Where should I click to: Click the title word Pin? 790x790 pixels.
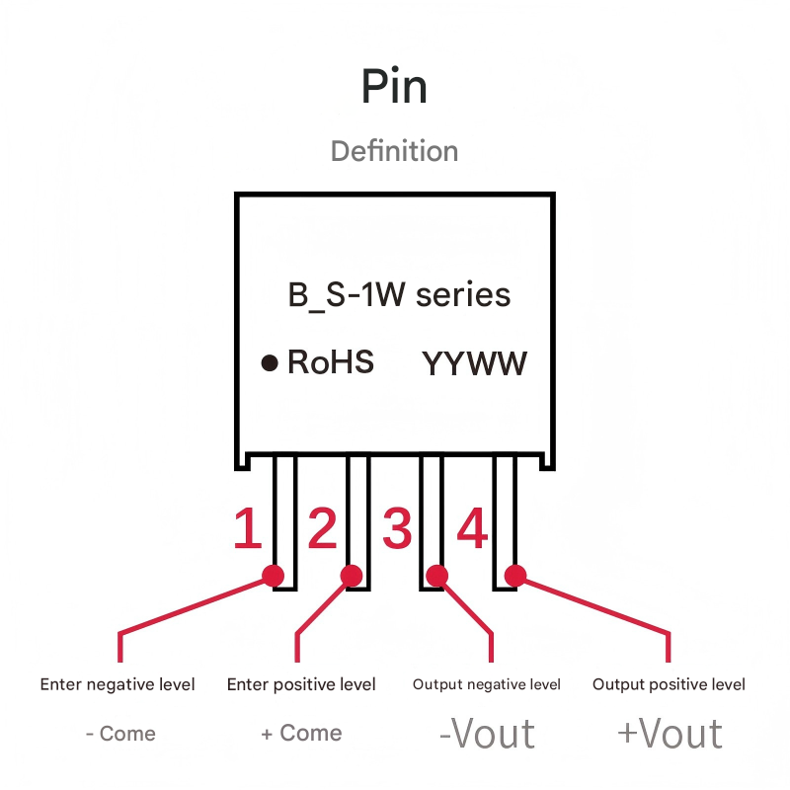pyautogui.click(x=394, y=88)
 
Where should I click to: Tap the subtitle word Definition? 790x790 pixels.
pyautogui.click(x=394, y=151)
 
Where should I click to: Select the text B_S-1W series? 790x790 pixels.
pyautogui.click(x=399, y=295)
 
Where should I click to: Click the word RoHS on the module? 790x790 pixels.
pyautogui.click(x=331, y=362)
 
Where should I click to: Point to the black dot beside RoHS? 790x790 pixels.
pyautogui.click(x=269, y=363)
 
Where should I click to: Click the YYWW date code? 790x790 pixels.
pyautogui.click(x=475, y=363)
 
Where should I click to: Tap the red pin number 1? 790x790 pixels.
pyautogui.click(x=247, y=529)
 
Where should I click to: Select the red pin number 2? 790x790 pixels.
pyautogui.click(x=322, y=529)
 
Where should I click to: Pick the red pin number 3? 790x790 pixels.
pyautogui.click(x=397, y=529)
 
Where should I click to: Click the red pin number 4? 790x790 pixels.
pyautogui.click(x=472, y=529)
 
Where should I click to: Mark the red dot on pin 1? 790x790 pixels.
pyautogui.click(x=274, y=575)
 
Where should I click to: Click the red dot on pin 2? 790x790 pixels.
pyautogui.click(x=351, y=575)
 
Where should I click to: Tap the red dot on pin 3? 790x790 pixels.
pyautogui.click(x=436, y=575)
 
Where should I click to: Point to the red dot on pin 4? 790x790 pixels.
pyautogui.click(x=514, y=575)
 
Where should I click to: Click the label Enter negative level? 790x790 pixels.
pyautogui.click(x=118, y=684)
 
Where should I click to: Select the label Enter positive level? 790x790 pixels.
pyautogui.click(x=301, y=684)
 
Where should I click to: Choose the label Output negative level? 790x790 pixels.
pyautogui.click(x=487, y=684)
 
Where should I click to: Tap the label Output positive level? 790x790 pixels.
pyautogui.click(x=669, y=684)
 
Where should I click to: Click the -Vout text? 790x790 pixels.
pyautogui.click(x=487, y=734)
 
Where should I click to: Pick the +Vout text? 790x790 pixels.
pyautogui.click(x=670, y=734)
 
